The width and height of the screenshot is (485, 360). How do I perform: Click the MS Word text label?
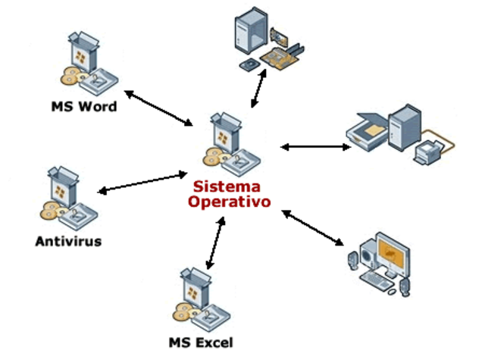(x=83, y=107)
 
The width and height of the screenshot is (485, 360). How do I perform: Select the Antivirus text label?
(x=68, y=242)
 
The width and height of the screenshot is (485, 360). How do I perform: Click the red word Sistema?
(x=225, y=186)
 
